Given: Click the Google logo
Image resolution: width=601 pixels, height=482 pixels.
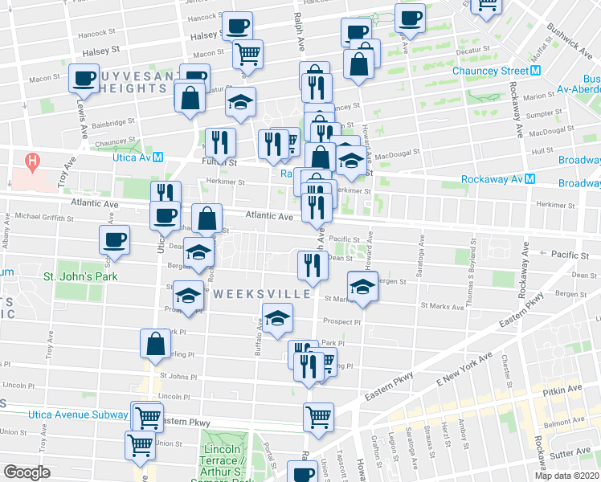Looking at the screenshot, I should point(26,472).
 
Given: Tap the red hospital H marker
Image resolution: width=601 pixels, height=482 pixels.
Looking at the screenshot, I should point(32,161).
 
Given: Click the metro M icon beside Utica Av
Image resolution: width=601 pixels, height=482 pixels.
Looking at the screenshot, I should point(158,157).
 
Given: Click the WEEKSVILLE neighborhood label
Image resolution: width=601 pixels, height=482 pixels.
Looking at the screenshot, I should point(263,294).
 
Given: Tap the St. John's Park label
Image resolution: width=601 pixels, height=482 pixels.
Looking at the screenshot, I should point(80,276).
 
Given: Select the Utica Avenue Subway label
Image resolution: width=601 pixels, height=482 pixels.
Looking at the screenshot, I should point(64,415).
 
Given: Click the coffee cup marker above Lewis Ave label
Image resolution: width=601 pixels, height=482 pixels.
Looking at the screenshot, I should point(84,80).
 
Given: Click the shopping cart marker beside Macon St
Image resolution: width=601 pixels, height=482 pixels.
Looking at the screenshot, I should point(248,53).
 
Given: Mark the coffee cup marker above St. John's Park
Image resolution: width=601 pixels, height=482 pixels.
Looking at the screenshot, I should point(114,239).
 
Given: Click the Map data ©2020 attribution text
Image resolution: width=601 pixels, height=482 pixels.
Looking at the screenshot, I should point(567,476).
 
